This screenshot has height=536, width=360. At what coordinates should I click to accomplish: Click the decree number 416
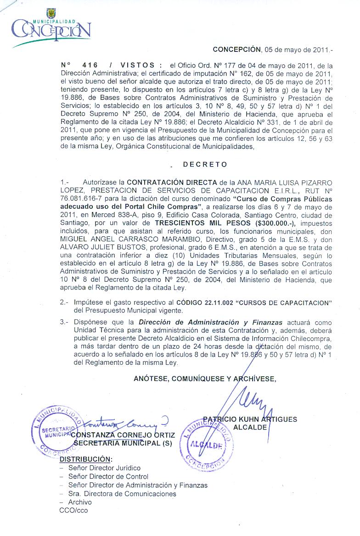(x=90, y=66)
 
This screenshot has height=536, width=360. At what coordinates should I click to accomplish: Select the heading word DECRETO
(x=205, y=164)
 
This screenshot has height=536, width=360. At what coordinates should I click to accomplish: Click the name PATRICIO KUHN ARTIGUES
(x=250, y=419)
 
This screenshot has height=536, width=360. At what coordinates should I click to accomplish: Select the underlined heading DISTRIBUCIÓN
(x=86, y=459)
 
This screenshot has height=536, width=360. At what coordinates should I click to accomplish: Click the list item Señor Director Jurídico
(x=104, y=468)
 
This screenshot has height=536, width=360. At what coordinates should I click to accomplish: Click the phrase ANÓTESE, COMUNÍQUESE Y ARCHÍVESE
(x=205, y=379)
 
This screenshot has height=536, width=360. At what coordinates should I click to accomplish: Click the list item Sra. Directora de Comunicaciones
(x=122, y=494)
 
